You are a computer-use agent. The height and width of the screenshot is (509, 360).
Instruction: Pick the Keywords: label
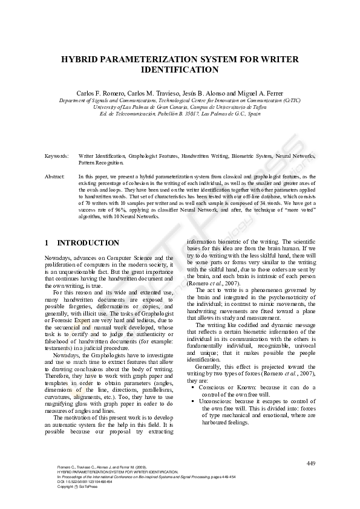pos(56,156)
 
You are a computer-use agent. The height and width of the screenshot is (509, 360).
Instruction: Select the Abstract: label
pos(55,176)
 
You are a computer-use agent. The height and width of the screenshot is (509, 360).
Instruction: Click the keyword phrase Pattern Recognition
pos(101,162)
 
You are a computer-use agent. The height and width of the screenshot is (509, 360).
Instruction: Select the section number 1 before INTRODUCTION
pos(47,243)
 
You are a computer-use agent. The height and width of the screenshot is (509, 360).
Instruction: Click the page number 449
pos(311,463)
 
